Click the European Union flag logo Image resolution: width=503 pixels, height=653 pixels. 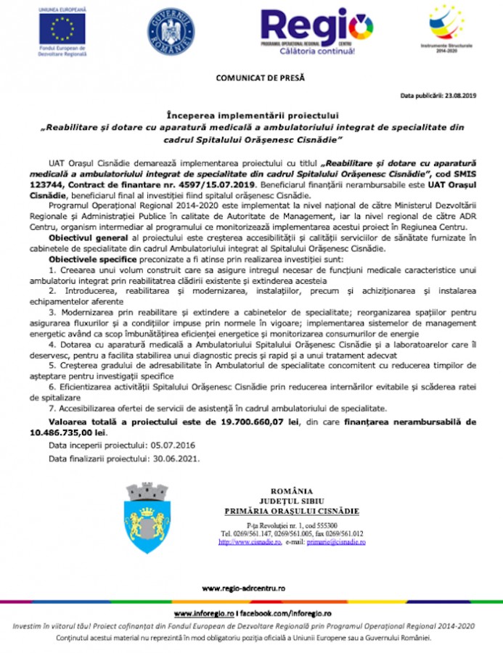pyautogui.click(x=62, y=29)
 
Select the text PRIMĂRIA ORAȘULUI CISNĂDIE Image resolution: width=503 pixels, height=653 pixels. pyautogui.click(x=291, y=511)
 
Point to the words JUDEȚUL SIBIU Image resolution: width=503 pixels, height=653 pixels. pyautogui.click(x=291, y=501)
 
